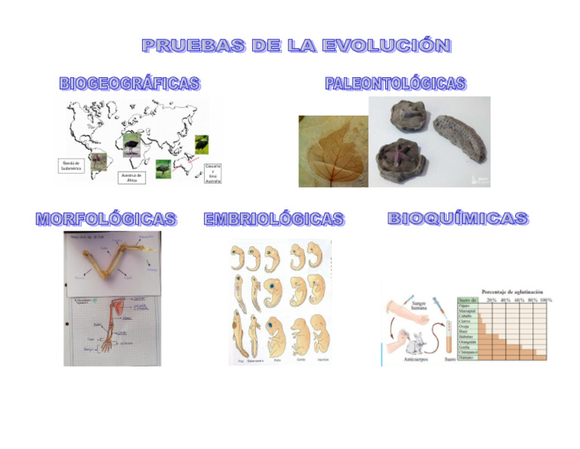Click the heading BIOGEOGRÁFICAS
click(129, 83)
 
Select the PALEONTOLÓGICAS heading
click(395, 83)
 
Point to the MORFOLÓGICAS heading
click(106, 219)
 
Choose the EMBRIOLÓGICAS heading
click(273, 219)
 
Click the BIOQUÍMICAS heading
click(458, 218)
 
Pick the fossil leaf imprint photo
click(333, 151)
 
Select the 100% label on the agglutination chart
click(545, 300)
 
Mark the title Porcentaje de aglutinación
click(517, 291)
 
